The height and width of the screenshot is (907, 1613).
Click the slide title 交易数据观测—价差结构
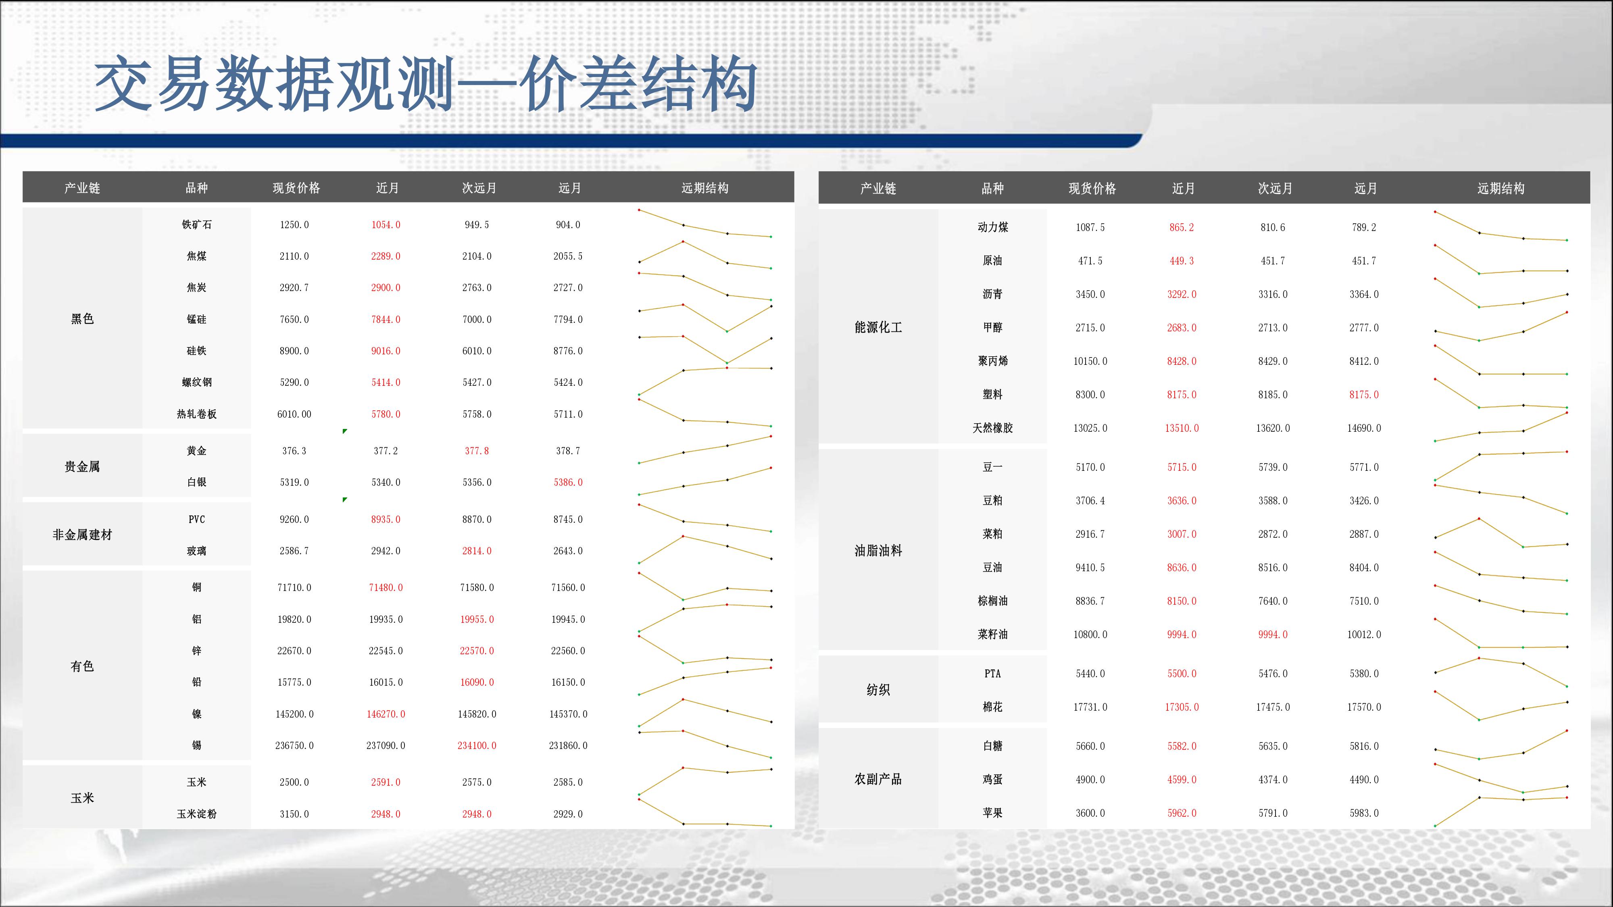coord(426,83)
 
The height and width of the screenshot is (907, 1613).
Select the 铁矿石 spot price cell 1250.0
coord(294,225)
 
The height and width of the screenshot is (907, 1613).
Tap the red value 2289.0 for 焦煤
coord(386,256)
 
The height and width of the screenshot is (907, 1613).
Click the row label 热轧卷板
coord(197,414)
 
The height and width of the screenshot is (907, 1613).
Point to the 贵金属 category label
coord(82,466)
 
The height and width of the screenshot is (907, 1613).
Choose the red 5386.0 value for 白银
coord(568,482)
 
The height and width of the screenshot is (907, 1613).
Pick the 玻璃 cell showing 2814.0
coord(477,551)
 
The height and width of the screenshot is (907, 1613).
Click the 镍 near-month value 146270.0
coord(386,714)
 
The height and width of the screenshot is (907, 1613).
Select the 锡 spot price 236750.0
coord(294,745)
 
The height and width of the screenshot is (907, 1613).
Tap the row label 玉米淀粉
coord(197,814)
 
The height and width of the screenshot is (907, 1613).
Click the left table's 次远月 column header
coord(479,188)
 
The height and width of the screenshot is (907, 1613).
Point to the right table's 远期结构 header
coord(1501,188)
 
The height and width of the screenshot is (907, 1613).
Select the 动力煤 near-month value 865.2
coord(1182,227)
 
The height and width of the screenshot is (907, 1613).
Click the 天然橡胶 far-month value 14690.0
coord(1364,428)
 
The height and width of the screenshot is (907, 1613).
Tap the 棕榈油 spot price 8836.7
coord(1090,601)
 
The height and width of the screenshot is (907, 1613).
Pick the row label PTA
coord(992,674)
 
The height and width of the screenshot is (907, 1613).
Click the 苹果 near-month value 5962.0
coord(1182,813)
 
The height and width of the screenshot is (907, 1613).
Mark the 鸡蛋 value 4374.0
coord(1273,779)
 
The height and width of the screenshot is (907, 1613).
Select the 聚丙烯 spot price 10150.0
coord(1090,361)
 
